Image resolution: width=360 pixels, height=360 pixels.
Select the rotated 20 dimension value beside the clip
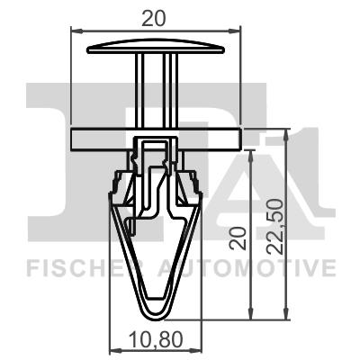(237, 238)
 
